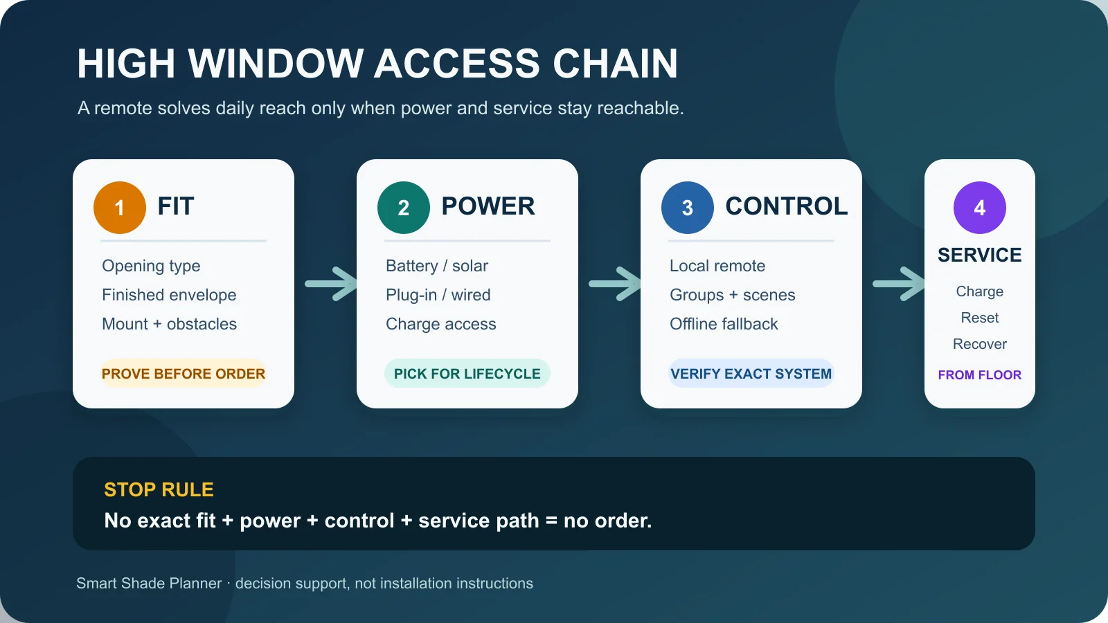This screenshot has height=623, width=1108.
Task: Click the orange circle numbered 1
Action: click(x=120, y=208)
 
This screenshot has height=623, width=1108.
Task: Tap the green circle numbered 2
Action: click(x=404, y=208)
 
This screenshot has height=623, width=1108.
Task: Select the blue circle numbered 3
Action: click(x=688, y=208)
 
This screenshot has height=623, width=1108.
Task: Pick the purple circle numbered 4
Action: click(x=980, y=208)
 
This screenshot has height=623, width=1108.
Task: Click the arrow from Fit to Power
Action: click(x=330, y=284)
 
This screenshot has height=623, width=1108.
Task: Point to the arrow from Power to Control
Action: click(x=614, y=284)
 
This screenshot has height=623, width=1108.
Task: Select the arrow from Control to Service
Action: click(x=898, y=284)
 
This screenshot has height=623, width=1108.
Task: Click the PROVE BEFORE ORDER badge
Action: click(x=184, y=373)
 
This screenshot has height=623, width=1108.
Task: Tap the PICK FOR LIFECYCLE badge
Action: click(x=467, y=373)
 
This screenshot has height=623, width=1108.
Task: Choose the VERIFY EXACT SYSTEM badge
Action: click(x=751, y=373)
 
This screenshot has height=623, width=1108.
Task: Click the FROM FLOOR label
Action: click(x=980, y=374)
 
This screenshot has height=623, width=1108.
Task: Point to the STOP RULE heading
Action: click(x=159, y=489)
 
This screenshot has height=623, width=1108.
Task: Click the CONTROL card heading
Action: click(x=787, y=206)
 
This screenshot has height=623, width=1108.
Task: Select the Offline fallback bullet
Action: click(x=724, y=324)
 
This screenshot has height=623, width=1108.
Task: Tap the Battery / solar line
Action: click(x=437, y=266)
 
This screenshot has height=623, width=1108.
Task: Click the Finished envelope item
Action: click(x=169, y=295)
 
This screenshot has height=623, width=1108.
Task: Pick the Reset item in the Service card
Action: click(x=980, y=318)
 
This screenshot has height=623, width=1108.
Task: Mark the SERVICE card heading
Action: click(x=980, y=255)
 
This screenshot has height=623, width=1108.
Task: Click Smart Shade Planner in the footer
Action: click(x=149, y=584)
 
